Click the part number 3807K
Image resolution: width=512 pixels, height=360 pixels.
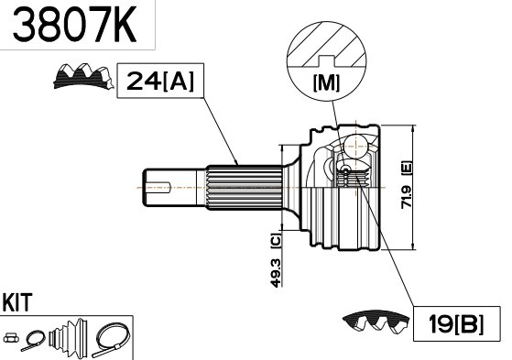74,25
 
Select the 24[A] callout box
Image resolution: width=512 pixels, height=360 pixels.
160,81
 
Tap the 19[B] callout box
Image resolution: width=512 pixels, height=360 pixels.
456,323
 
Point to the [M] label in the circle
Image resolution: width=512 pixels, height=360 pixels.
327,83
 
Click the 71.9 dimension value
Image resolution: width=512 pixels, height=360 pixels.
407,198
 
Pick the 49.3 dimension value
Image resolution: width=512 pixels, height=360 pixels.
276,273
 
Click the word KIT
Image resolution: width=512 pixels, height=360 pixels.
17,302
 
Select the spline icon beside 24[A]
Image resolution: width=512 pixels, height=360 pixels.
83,76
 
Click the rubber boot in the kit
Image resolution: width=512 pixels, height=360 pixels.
69,337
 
